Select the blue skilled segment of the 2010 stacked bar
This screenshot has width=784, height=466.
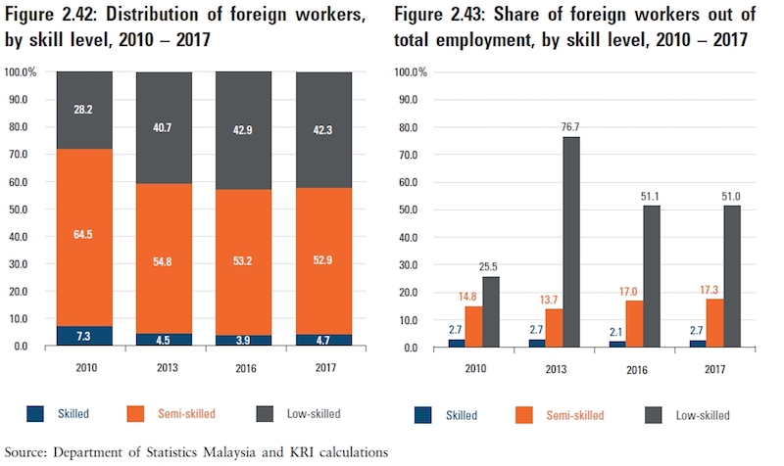[x=83, y=336]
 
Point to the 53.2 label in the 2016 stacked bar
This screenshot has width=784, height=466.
[x=244, y=260]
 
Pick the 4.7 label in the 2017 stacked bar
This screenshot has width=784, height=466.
[x=325, y=340]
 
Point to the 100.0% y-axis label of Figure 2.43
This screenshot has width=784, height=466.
[x=410, y=72]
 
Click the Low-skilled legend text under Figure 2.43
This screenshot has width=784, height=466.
[x=704, y=415]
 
